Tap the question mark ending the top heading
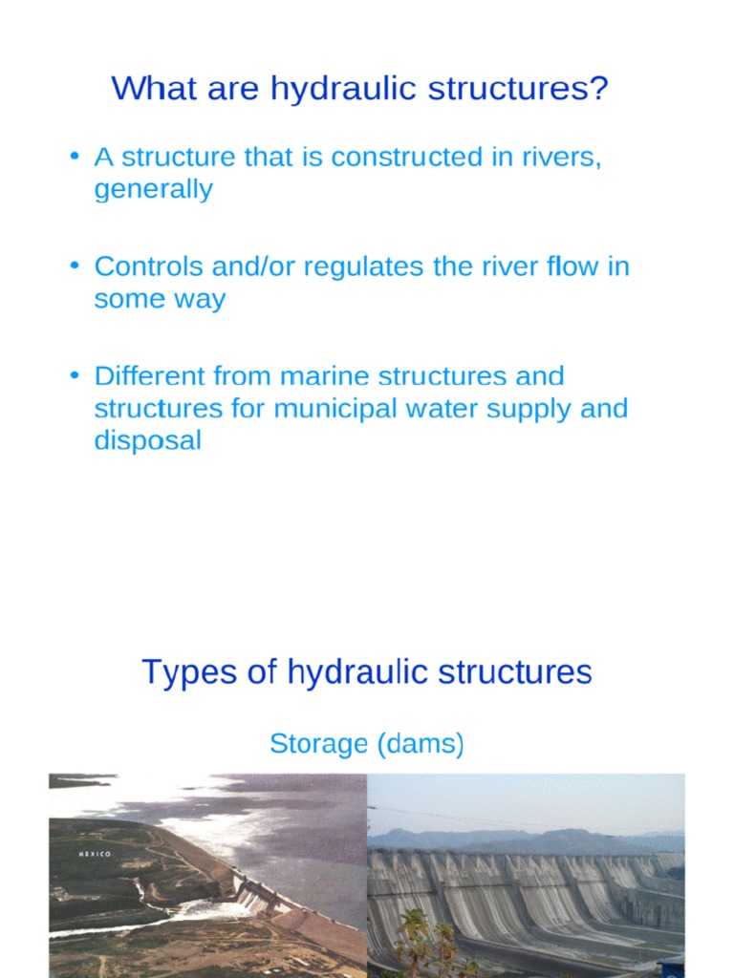click(598, 89)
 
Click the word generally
click(153, 189)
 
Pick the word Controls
click(137, 266)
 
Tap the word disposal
click(147, 440)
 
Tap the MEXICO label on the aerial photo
click(95, 854)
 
